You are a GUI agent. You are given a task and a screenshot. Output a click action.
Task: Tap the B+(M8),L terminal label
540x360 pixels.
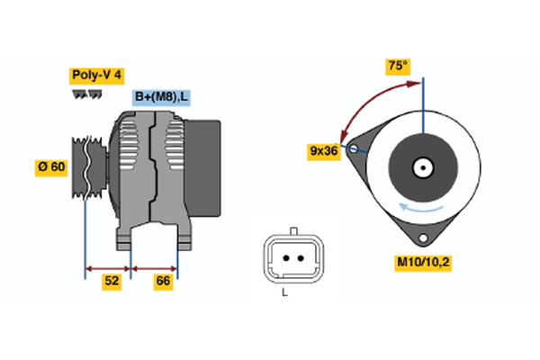(x=162, y=97)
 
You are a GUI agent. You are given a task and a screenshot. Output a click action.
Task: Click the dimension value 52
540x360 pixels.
(x=111, y=282)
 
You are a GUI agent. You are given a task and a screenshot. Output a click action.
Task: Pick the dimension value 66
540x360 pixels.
(x=162, y=282)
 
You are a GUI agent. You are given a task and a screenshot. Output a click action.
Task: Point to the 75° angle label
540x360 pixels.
(x=396, y=67)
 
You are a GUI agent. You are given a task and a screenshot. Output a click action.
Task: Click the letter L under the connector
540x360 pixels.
(x=284, y=293)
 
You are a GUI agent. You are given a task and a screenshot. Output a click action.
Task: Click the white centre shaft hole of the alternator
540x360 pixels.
(x=422, y=167)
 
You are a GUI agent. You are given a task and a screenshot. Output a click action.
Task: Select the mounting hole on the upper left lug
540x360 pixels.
(x=355, y=148)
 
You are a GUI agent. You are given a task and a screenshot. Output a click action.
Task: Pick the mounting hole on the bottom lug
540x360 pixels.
(x=423, y=236)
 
